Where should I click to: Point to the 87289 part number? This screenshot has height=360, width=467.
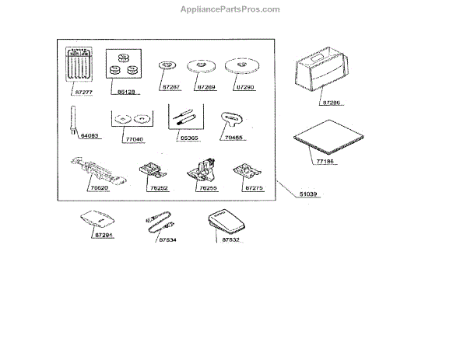pyautogui.click(x=206, y=88)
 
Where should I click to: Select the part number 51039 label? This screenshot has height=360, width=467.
pyautogui.click(x=311, y=193)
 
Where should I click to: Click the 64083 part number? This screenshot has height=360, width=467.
pyautogui.click(x=90, y=135)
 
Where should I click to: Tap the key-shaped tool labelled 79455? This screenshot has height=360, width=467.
pyautogui.click(x=232, y=117)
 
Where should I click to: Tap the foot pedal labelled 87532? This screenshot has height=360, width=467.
pyautogui.click(x=224, y=222)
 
